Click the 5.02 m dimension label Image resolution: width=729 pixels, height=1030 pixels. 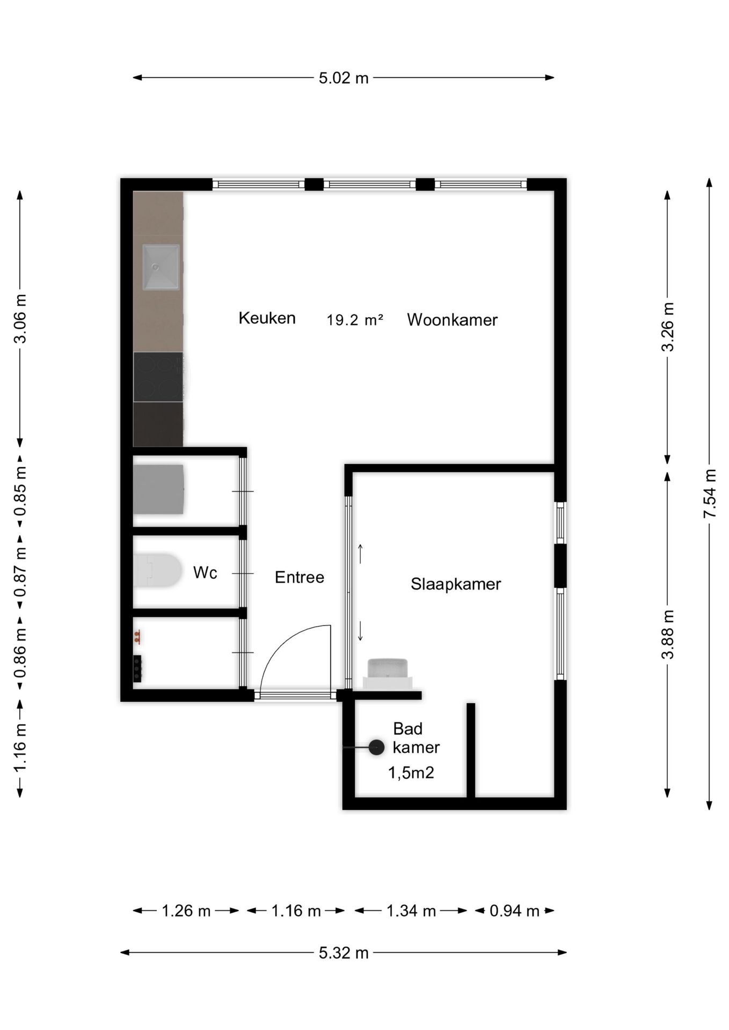pyautogui.click(x=344, y=78)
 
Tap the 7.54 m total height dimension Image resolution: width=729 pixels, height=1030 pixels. pyautogui.click(x=710, y=493)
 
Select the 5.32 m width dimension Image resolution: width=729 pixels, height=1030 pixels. pyautogui.click(x=344, y=953)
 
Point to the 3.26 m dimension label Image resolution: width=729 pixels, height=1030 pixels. pyautogui.click(x=667, y=327)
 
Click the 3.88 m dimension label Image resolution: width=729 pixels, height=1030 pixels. pyautogui.click(x=667, y=634)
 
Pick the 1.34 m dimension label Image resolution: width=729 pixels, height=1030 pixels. pyautogui.click(x=411, y=911)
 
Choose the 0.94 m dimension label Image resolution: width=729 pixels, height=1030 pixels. pyautogui.click(x=514, y=911)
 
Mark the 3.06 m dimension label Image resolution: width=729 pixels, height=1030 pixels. pyautogui.click(x=20, y=319)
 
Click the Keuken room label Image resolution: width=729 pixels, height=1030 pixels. pyautogui.click(x=267, y=318)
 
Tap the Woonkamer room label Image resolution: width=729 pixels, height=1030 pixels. pyautogui.click(x=452, y=320)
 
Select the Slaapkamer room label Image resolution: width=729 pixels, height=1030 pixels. pyautogui.click(x=456, y=584)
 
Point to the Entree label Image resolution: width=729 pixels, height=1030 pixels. pyautogui.click(x=300, y=577)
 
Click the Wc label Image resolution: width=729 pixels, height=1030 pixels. pyautogui.click(x=205, y=572)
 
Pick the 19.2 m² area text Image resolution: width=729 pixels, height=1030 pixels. pyautogui.click(x=355, y=320)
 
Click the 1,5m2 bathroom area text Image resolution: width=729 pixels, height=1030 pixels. pyautogui.click(x=411, y=772)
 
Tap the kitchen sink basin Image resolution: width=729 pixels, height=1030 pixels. pyautogui.click(x=161, y=267)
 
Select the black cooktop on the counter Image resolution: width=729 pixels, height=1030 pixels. pyautogui.click(x=158, y=377)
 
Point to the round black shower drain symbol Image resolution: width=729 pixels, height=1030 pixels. pyautogui.click(x=376, y=747)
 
